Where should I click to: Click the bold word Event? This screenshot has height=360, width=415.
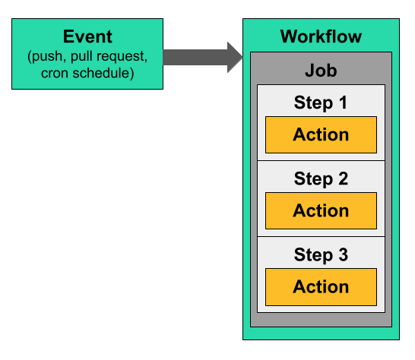coord(87,36)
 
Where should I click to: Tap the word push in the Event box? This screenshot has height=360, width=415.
coord(47,57)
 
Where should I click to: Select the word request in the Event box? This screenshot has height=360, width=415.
coord(120,57)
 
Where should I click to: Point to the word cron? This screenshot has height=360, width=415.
coord(55,73)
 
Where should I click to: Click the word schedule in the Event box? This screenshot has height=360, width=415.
coord(101,73)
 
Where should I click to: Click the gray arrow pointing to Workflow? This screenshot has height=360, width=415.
coord(203,57)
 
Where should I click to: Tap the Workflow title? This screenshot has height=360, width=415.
coord(321,36)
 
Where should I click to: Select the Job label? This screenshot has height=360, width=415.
coord(321,71)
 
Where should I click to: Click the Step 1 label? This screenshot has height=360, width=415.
coord(321,103)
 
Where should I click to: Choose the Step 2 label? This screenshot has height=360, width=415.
coord(321,179)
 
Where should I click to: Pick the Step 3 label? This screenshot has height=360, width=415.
coord(321,255)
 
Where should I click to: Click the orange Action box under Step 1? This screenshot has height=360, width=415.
coord(321,134)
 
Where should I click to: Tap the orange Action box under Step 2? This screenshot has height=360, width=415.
coord(321,211)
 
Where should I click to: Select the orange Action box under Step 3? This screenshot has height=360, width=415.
coord(321,287)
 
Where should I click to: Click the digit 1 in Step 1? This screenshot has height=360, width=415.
coord(343,103)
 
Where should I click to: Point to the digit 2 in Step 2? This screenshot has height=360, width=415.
coord(343,178)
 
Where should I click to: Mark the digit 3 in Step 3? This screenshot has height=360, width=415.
coord(343,254)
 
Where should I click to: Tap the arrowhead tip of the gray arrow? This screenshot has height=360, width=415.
coord(242,57)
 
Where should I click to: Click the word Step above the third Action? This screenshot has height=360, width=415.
coord(313,255)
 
